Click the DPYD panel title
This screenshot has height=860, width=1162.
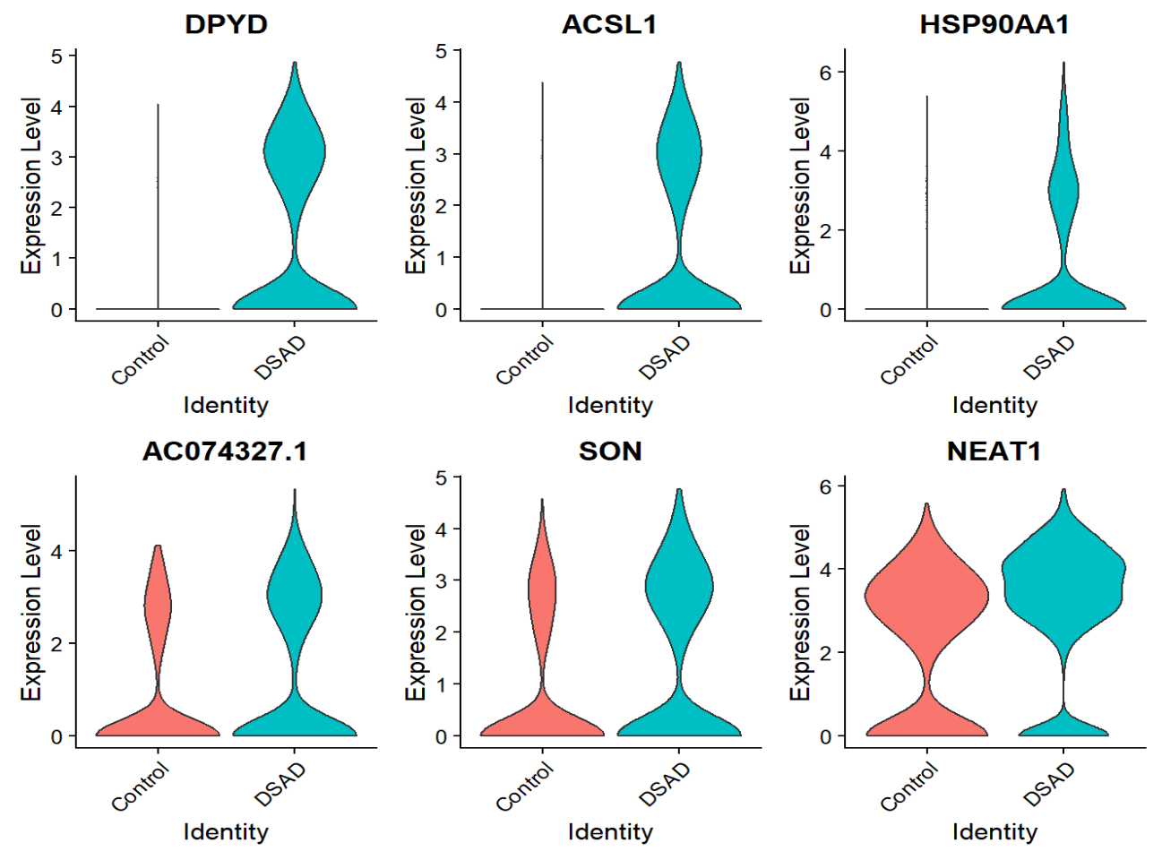pyautogui.click(x=226, y=24)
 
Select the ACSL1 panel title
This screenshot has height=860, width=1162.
pyautogui.click(x=609, y=24)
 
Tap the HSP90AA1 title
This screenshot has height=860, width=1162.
pyautogui.click(x=994, y=24)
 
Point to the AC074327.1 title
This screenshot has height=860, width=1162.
pyautogui.click(x=225, y=451)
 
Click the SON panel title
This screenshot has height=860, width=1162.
pyautogui.click(x=610, y=451)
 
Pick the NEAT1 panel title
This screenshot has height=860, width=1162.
pyautogui.click(x=994, y=451)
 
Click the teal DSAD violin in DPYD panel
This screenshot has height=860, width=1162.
pyautogui.click(x=295, y=152)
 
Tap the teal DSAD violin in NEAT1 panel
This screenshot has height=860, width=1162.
pyautogui.click(x=1063, y=582)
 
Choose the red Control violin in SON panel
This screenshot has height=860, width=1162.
pyautogui.click(x=542, y=591)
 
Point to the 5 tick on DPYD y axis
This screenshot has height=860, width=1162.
pyautogui.click(x=57, y=56)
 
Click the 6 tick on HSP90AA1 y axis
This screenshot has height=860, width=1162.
pyautogui.click(x=826, y=73)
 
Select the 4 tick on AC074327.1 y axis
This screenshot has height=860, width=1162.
pyautogui.click(x=57, y=551)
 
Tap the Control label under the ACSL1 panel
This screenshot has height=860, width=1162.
pyautogui.click(x=525, y=360)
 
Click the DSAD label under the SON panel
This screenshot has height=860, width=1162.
pyautogui.click(x=665, y=785)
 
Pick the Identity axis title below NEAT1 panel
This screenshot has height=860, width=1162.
pyautogui.click(x=994, y=832)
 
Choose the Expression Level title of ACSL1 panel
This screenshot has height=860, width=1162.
pyautogui.click(x=415, y=185)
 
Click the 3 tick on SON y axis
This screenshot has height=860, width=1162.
pyautogui.click(x=442, y=580)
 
